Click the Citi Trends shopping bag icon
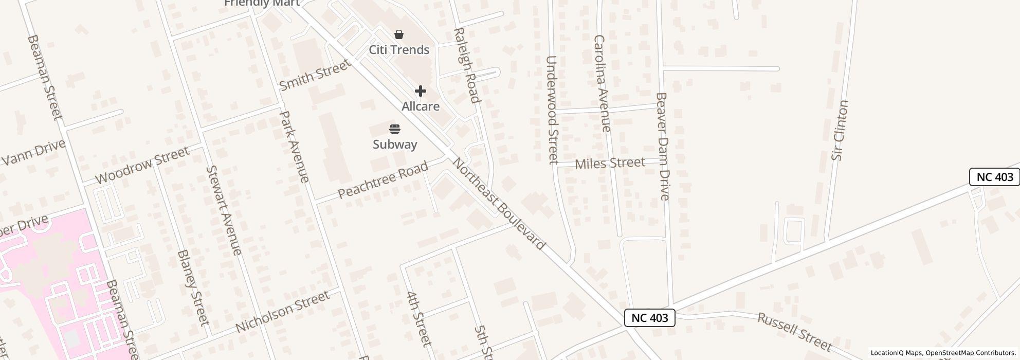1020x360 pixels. click(x=399, y=35)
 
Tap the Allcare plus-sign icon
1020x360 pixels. click(x=421, y=92)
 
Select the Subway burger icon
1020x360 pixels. click(x=395, y=129)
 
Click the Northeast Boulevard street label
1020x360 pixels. click(x=498, y=204)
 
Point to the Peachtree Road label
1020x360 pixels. click(x=383, y=180)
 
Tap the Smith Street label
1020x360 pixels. click(x=315, y=75)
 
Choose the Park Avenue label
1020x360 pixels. click(x=295, y=147)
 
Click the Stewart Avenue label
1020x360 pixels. click(x=224, y=210)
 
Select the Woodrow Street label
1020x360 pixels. click(x=142, y=165)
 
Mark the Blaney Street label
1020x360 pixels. click(x=193, y=287)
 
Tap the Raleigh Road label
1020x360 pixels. click(x=466, y=65)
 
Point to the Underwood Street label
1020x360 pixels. click(x=552, y=110)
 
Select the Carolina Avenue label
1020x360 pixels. click(x=602, y=83)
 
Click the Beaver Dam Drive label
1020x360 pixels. click(x=663, y=147)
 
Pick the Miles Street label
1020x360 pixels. click(x=610, y=164)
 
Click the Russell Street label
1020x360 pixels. click(x=795, y=331)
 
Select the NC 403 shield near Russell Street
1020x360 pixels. click(x=650, y=318)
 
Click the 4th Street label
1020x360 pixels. click(x=418, y=319)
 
